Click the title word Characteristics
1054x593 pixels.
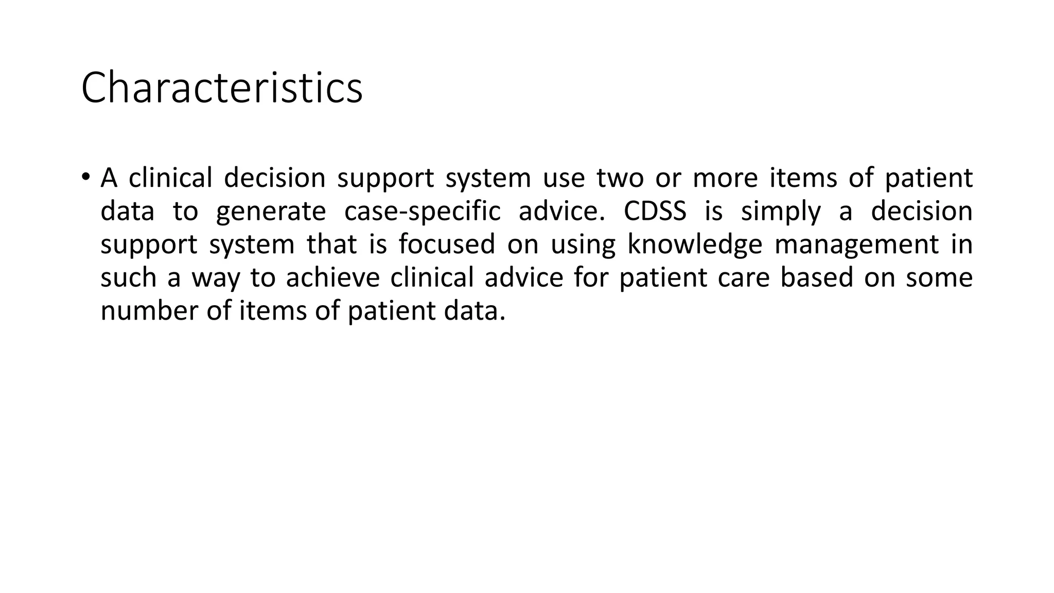pos(222,88)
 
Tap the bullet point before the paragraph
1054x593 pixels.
pos(85,177)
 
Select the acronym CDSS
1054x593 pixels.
pos(655,211)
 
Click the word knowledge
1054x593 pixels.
pos(694,245)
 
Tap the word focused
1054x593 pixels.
pos(447,244)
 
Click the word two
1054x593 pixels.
pos(620,178)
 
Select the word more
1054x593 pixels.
pos(725,178)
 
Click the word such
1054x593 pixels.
pos(128,277)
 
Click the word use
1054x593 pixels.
pos(564,178)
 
